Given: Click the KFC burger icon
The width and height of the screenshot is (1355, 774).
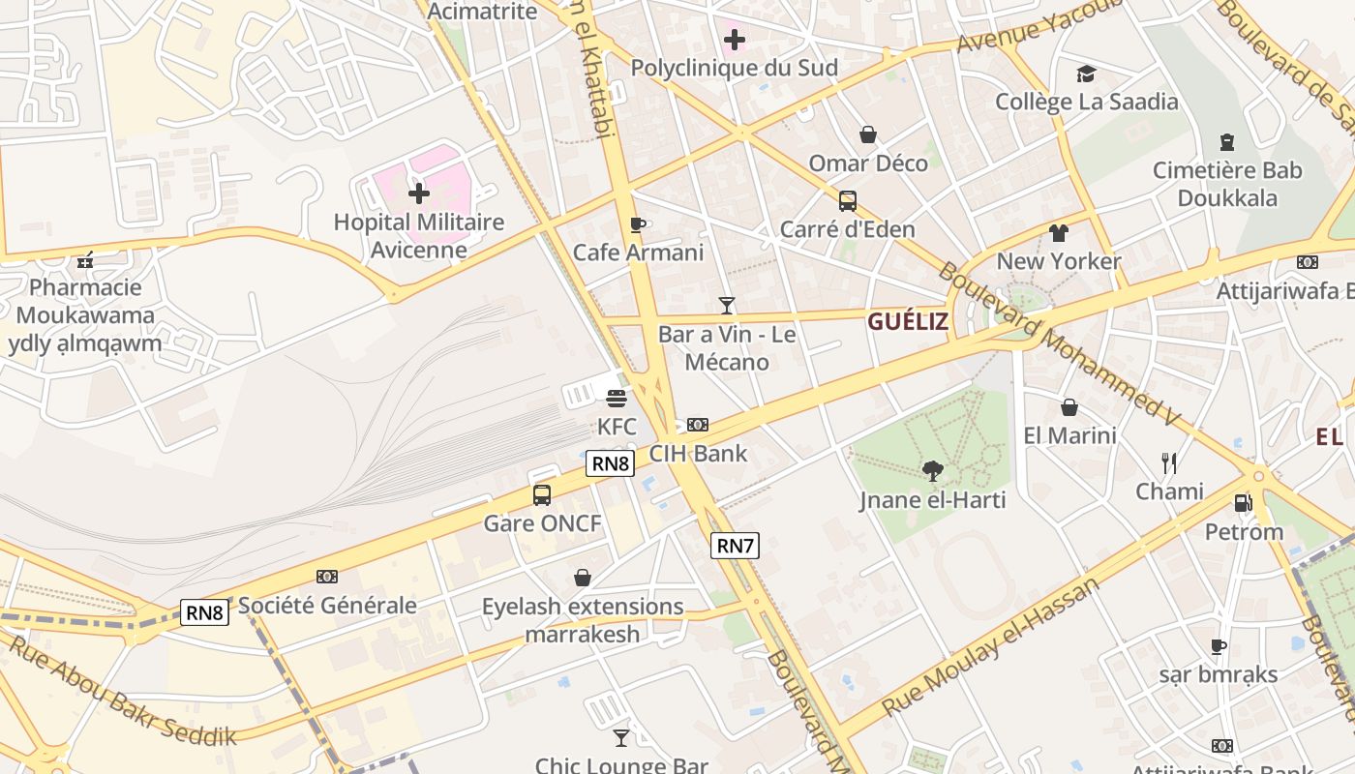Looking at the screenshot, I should [617, 398].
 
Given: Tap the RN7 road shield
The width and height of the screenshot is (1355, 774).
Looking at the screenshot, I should [735, 546].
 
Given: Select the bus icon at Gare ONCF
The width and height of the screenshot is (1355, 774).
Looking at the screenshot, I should [542, 495].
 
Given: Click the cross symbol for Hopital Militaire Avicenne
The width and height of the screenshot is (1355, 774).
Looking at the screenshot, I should [419, 193].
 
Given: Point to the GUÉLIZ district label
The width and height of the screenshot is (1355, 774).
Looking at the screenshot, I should [908, 321].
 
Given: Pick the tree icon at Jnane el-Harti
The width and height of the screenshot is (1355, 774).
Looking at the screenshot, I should [933, 471].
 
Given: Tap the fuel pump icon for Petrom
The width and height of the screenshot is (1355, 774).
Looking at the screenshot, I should [1244, 503].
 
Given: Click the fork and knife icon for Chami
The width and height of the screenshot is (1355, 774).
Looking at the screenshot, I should [1169, 462].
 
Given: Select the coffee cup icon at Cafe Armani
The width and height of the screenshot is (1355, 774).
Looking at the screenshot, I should [637, 224].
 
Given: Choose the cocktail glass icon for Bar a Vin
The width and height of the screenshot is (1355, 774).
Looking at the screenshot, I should [727, 306].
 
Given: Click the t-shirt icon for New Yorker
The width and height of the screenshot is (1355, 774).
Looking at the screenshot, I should [1058, 233].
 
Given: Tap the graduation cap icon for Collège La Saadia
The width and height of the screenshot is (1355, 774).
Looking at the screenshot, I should [1087, 74].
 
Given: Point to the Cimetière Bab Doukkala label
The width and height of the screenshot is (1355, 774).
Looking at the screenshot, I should [1227, 184].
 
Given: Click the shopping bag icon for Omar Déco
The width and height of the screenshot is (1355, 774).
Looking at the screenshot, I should [868, 134].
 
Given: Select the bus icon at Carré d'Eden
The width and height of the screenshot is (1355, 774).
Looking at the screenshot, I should [848, 201].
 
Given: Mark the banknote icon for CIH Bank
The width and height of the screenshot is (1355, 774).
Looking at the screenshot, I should [698, 425].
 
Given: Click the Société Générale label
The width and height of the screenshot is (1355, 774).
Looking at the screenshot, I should [327, 606].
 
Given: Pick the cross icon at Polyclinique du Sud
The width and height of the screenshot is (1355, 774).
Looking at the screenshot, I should [735, 40].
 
